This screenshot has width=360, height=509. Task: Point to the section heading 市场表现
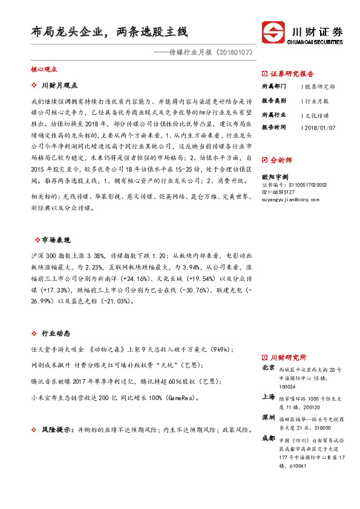tap(56, 239)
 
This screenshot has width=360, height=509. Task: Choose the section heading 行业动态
tap(56, 333)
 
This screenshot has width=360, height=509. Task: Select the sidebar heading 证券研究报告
tap(292, 74)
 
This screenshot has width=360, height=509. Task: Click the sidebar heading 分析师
tap(281, 160)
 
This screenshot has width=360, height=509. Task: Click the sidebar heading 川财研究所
tap(288, 357)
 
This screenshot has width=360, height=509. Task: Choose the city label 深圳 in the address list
tap(269, 418)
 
